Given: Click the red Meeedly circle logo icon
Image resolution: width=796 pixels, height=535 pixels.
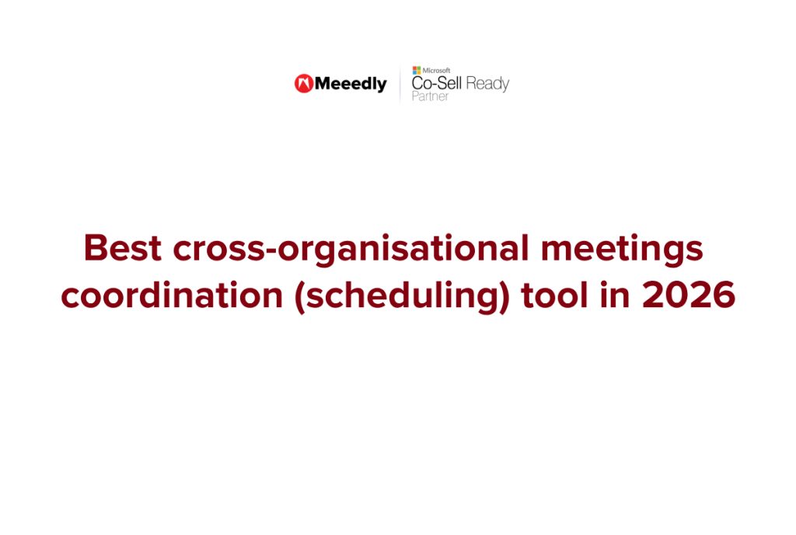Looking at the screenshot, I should click(x=304, y=84).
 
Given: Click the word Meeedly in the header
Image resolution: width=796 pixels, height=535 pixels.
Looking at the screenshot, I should click(x=351, y=84).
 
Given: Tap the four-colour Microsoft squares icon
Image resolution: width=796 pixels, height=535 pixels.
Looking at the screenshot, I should click(x=417, y=70).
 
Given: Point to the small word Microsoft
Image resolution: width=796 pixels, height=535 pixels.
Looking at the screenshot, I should click(x=436, y=70).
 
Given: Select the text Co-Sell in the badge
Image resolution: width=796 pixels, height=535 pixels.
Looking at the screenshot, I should click(x=436, y=84).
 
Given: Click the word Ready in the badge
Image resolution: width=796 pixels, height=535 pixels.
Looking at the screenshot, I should click(x=487, y=84).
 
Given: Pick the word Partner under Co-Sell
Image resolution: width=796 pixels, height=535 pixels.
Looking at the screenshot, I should click(x=430, y=97).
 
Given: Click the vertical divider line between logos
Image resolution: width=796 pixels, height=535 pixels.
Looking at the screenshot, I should click(x=400, y=84).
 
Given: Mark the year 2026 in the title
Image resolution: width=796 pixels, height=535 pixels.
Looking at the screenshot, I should click(x=689, y=296).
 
